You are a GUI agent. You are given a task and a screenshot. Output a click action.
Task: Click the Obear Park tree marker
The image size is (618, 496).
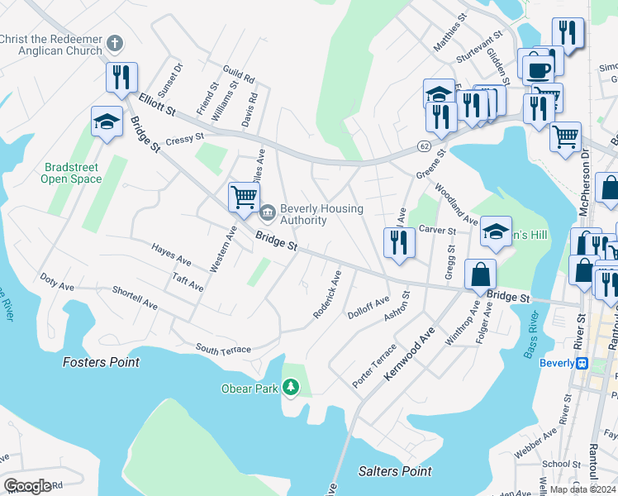click(290, 387)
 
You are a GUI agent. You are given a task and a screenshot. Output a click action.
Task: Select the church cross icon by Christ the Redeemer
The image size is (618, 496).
click(115, 42)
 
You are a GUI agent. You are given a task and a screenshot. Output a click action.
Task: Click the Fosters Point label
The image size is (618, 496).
click(102, 362)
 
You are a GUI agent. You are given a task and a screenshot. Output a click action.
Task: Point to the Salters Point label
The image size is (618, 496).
click(395, 471)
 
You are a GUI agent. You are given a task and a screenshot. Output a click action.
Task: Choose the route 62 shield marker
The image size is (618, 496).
click(424, 146)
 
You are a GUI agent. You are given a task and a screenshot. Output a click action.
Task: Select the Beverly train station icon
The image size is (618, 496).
click(582, 363)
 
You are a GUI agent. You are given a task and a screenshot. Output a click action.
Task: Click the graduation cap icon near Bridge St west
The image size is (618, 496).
click(106, 122)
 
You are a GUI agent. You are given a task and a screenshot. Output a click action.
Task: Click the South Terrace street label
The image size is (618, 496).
click(223, 350)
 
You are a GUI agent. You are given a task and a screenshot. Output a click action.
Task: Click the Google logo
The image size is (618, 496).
click(27, 486)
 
